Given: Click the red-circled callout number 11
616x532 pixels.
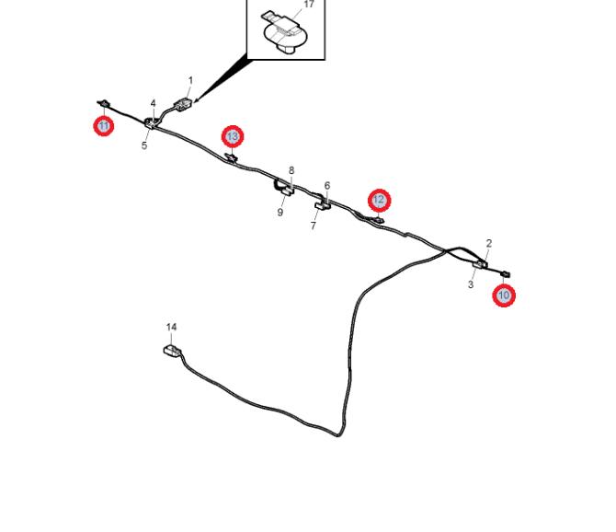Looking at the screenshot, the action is click(x=104, y=126).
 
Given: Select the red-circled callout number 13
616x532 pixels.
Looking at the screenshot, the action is click(x=233, y=136).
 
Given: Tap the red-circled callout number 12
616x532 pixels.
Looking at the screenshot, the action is click(x=379, y=200).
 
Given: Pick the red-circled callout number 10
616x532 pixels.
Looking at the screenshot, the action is click(x=504, y=295).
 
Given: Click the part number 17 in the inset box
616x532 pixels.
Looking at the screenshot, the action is click(x=309, y=5).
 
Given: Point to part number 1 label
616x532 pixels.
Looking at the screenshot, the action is click(x=191, y=81).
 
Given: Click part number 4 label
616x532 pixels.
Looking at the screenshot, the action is click(x=153, y=103).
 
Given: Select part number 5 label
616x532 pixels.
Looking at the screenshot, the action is click(x=144, y=145).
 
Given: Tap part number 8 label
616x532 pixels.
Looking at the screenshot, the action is click(x=291, y=170).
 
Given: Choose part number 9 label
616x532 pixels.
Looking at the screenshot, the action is click(x=280, y=213).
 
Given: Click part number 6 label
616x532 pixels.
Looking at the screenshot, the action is click(x=327, y=186).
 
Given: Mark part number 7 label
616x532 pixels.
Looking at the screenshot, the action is click(x=314, y=226).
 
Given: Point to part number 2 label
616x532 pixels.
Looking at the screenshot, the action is click(x=489, y=243).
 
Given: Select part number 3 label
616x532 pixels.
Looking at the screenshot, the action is click(x=471, y=283).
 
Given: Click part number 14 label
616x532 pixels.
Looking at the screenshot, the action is click(x=171, y=327).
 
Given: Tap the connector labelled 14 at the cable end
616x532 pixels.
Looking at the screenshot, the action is click(x=173, y=350).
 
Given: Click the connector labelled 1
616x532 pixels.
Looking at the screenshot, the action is click(x=183, y=105).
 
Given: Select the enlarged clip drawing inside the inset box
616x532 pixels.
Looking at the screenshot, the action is click(x=284, y=32).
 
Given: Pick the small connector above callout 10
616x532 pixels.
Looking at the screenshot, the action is click(x=506, y=274).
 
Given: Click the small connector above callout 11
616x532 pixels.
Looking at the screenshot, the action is click(x=103, y=103).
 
